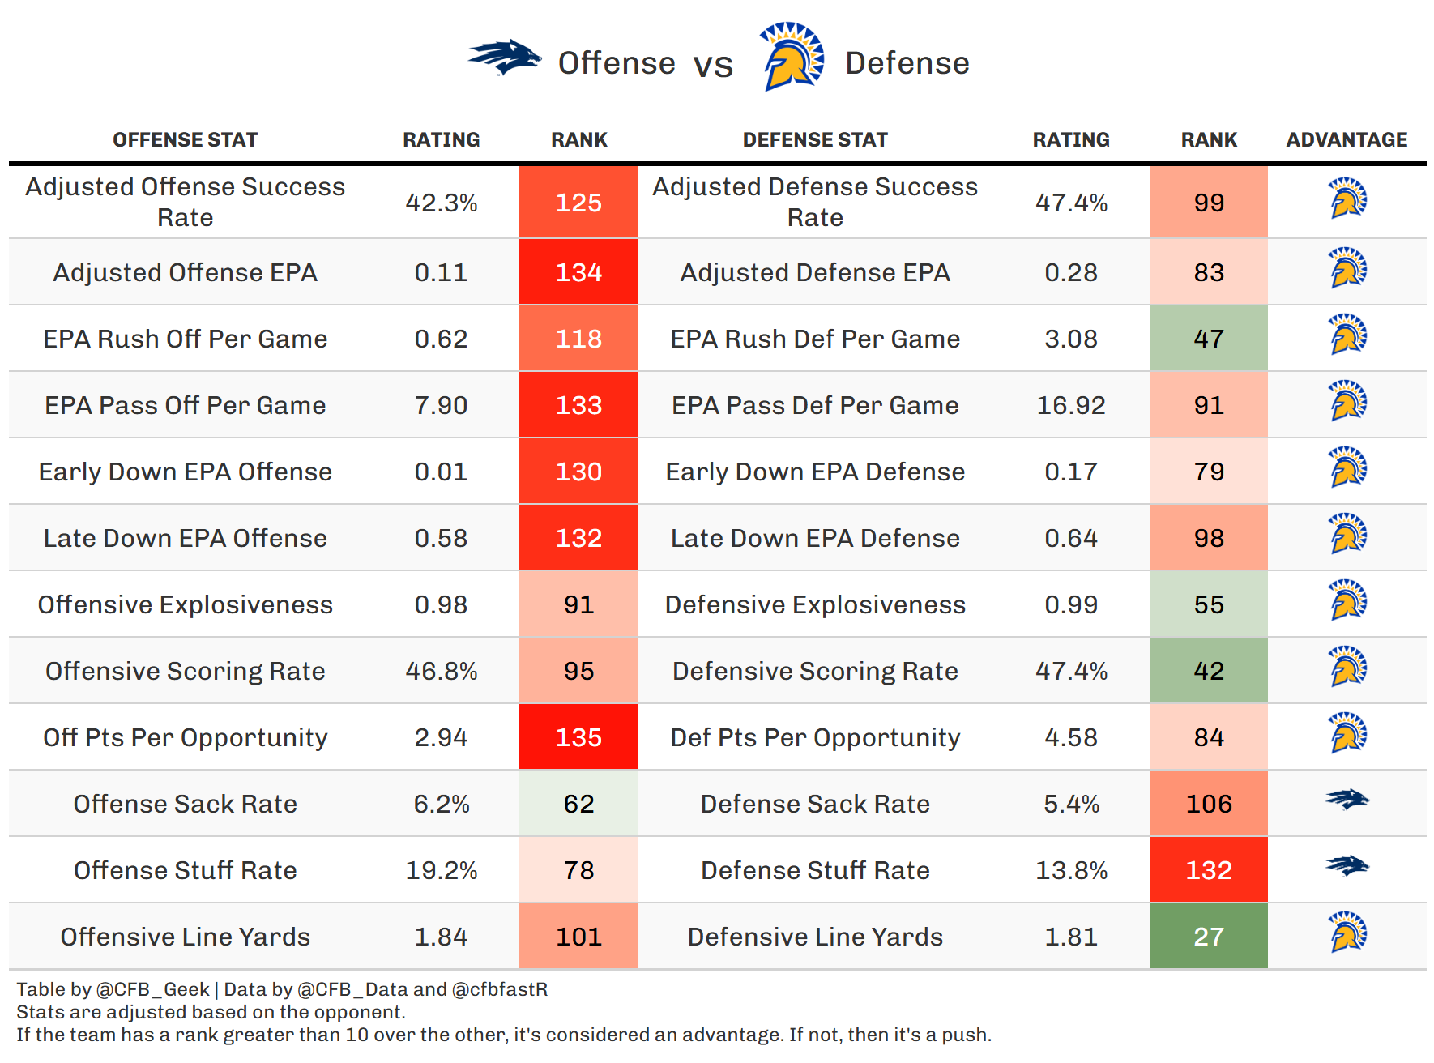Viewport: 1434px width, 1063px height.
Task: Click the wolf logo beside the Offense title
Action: [x=504, y=58]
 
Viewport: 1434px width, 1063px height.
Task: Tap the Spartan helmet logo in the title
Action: [x=791, y=57]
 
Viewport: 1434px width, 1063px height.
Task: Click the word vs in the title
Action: [x=713, y=65]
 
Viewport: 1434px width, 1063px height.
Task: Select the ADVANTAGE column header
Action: [x=1347, y=139]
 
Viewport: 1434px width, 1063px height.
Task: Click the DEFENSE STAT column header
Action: [x=815, y=139]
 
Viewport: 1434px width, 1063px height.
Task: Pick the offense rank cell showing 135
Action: [x=578, y=737]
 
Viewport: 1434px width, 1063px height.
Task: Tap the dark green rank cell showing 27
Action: [x=1208, y=937]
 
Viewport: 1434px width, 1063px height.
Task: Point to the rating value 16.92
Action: [x=1071, y=405]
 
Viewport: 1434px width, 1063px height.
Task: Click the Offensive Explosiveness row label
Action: [x=186, y=604]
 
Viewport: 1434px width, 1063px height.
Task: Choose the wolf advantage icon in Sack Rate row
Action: [x=1347, y=800]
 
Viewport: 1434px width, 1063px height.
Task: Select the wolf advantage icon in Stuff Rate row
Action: [x=1347, y=867]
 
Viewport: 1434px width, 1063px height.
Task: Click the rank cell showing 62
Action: [x=578, y=804]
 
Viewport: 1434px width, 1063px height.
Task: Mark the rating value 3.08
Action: [x=1071, y=339]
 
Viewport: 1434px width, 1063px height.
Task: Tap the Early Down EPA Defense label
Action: [x=815, y=472]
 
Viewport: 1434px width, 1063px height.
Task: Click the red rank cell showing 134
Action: [x=578, y=272]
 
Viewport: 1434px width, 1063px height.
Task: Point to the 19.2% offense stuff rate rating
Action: [x=442, y=870]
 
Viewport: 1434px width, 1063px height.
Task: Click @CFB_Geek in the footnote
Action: [x=152, y=989]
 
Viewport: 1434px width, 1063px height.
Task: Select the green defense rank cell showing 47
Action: [x=1208, y=339]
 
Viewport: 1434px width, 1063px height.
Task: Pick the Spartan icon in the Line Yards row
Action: [x=1347, y=932]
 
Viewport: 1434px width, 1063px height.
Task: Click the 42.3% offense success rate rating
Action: [x=442, y=203]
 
